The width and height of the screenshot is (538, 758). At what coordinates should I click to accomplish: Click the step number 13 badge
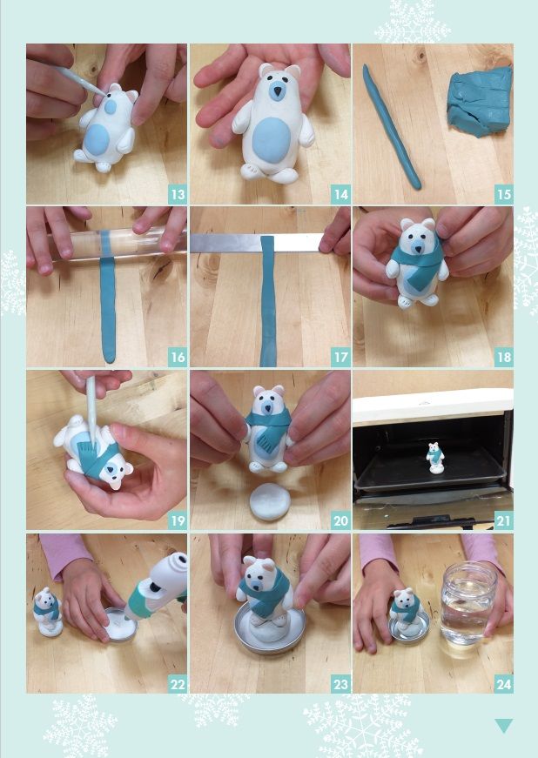pyautogui.click(x=178, y=195)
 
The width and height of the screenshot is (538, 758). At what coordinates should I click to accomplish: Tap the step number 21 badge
pyautogui.click(x=504, y=521)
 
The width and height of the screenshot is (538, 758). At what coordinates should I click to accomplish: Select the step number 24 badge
pyautogui.click(x=504, y=685)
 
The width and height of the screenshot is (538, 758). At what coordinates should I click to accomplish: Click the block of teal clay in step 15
pyautogui.click(x=480, y=102)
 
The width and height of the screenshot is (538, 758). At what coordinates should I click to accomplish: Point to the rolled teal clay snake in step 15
pyautogui.click(x=391, y=127)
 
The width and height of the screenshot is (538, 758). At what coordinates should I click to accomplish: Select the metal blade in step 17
pyautogui.click(x=256, y=243)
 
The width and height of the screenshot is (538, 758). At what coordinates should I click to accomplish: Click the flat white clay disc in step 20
pyautogui.click(x=270, y=502)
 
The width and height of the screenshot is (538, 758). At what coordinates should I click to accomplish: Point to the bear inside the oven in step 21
pyautogui.click(x=435, y=457)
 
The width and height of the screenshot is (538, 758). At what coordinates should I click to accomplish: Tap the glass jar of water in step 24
pyautogui.click(x=467, y=604)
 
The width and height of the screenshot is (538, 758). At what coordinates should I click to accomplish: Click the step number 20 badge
pyautogui.click(x=340, y=521)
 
